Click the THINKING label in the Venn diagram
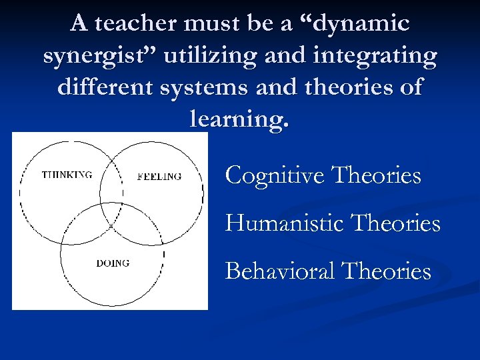[67, 175]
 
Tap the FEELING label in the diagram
[159, 177]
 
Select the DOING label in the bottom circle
[113, 263]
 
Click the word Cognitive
[275, 176]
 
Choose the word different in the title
[107, 89]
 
